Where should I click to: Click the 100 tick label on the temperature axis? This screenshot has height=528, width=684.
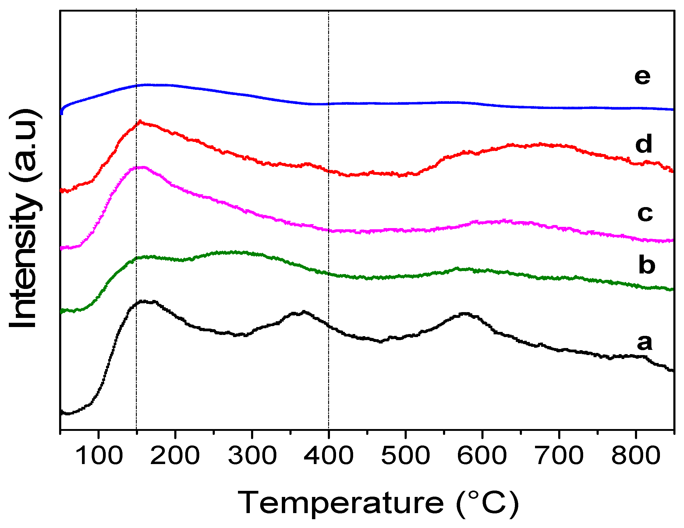(99, 456)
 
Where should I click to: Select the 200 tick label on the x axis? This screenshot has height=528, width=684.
(175, 456)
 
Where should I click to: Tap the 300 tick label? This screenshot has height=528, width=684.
(252, 456)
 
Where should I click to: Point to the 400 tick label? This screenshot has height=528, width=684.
(328, 456)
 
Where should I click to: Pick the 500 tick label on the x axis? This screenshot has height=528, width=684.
(406, 456)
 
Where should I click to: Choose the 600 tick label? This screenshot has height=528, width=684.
(482, 456)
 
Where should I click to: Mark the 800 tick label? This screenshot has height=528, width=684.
(636, 456)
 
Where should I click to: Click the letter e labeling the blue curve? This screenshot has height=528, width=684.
(642, 76)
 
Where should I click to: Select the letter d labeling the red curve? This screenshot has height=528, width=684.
(643, 144)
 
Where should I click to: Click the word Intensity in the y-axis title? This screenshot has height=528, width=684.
(23, 260)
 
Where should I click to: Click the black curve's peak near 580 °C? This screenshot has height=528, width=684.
(465, 313)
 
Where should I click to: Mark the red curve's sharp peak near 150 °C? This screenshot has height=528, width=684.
(140, 121)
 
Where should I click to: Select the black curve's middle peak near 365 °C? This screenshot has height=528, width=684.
(303, 312)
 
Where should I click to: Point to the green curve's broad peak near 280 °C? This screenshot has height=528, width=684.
(233, 252)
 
